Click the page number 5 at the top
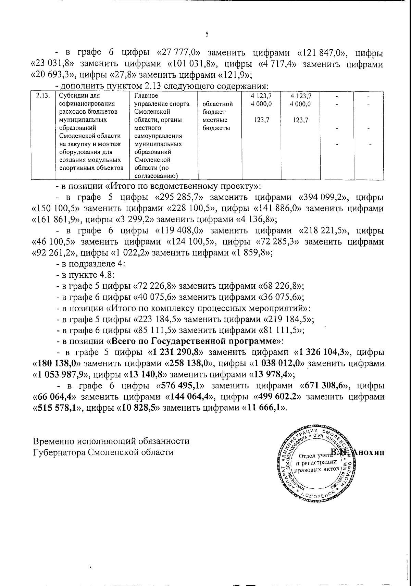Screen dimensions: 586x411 (207, 34)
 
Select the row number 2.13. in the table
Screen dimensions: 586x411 (41, 96)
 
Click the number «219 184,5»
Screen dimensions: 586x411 (288, 319)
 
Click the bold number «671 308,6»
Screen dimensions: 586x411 (325, 386)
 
